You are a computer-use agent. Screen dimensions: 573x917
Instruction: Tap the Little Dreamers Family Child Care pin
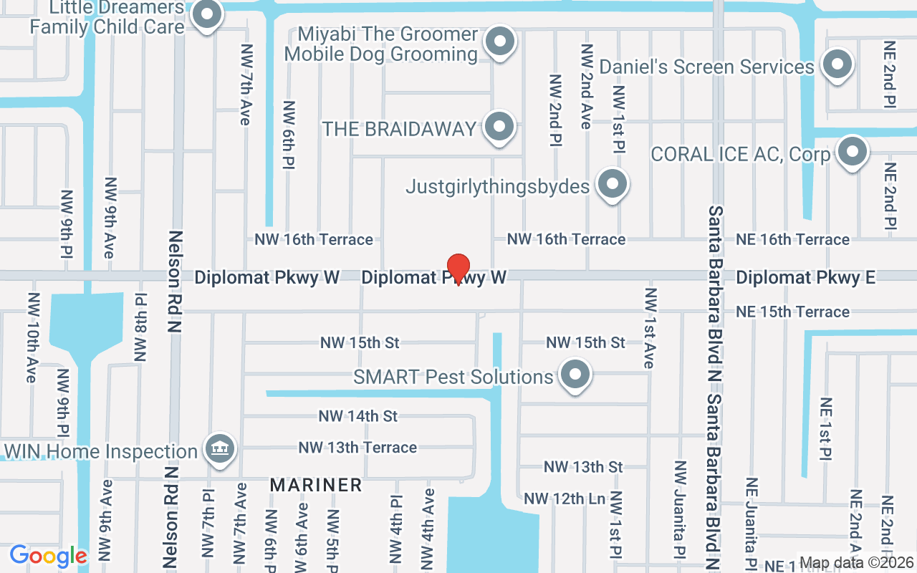(208, 14)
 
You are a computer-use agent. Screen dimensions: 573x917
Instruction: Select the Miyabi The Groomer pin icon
(500, 42)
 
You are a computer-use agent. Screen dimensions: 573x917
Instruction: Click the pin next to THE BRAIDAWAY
(499, 127)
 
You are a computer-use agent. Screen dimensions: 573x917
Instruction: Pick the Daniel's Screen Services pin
(836, 65)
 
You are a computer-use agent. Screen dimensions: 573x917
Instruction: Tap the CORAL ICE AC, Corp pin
(852, 152)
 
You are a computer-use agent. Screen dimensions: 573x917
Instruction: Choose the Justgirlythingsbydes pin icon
(612, 185)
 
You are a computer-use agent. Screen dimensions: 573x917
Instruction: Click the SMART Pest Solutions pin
(575, 375)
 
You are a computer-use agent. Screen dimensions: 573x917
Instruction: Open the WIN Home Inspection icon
(220, 450)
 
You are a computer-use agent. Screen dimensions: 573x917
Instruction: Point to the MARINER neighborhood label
(316, 485)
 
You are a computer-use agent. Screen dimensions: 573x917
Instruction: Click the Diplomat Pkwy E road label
(805, 277)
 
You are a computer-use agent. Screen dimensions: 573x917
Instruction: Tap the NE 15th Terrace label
(793, 312)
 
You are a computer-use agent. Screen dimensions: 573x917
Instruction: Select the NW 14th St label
(358, 416)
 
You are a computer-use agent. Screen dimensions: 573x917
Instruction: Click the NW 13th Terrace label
(357, 448)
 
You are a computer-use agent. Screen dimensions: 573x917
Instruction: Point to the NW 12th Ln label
(565, 499)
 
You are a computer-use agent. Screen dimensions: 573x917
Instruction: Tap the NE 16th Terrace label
(793, 239)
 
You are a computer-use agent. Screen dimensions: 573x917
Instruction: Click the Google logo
(48, 556)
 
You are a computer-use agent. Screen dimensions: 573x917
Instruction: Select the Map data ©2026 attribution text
(857, 563)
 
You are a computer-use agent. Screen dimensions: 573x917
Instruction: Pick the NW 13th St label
(583, 467)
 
